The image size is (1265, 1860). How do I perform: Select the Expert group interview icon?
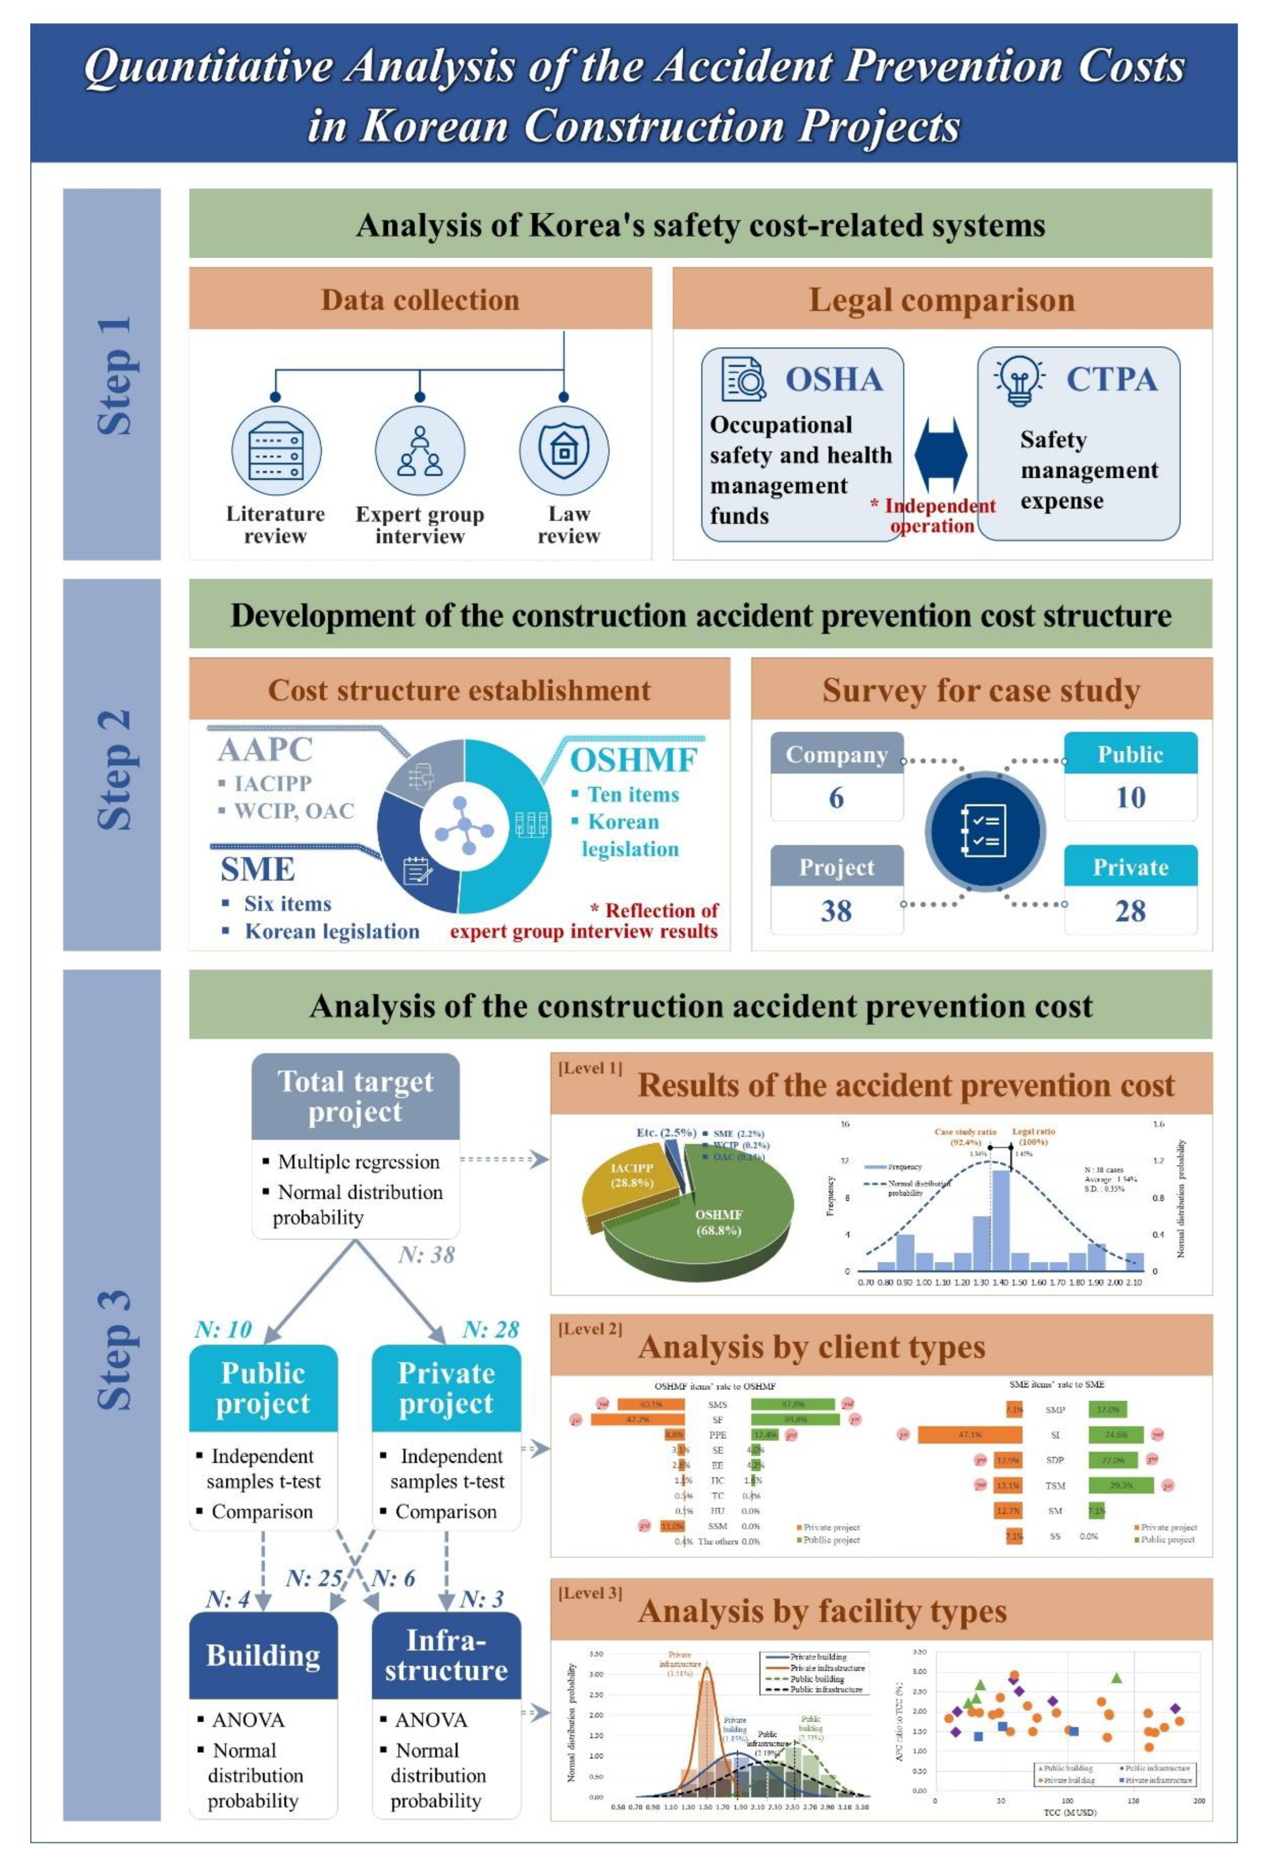pos(420,451)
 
